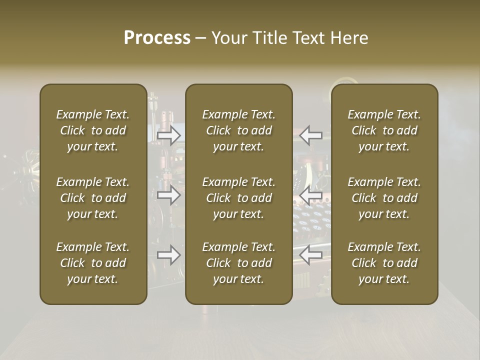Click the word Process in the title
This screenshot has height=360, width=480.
click(157, 38)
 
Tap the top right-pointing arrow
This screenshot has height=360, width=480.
click(169, 135)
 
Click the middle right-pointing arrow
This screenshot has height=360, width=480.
click(169, 195)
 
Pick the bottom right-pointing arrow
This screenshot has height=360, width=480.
click(169, 255)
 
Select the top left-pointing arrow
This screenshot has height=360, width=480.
click(311, 135)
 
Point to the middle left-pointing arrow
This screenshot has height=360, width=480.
click(311, 195)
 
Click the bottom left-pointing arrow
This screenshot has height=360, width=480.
click(311, 255)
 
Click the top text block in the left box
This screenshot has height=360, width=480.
click(93, 130)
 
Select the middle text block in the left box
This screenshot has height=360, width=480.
click(93, 198)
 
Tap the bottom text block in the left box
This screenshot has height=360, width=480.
click(93, 263)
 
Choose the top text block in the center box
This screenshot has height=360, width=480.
click(239, 130)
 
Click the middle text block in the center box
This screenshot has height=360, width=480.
click(239, 198)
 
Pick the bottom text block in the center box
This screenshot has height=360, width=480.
click(239, 263)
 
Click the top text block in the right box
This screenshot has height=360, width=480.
click(384, 130)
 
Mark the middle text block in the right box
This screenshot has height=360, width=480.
click(384, 198)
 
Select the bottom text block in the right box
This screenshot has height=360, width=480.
click(384, 263)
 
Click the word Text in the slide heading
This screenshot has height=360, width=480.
click(310, 38)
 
